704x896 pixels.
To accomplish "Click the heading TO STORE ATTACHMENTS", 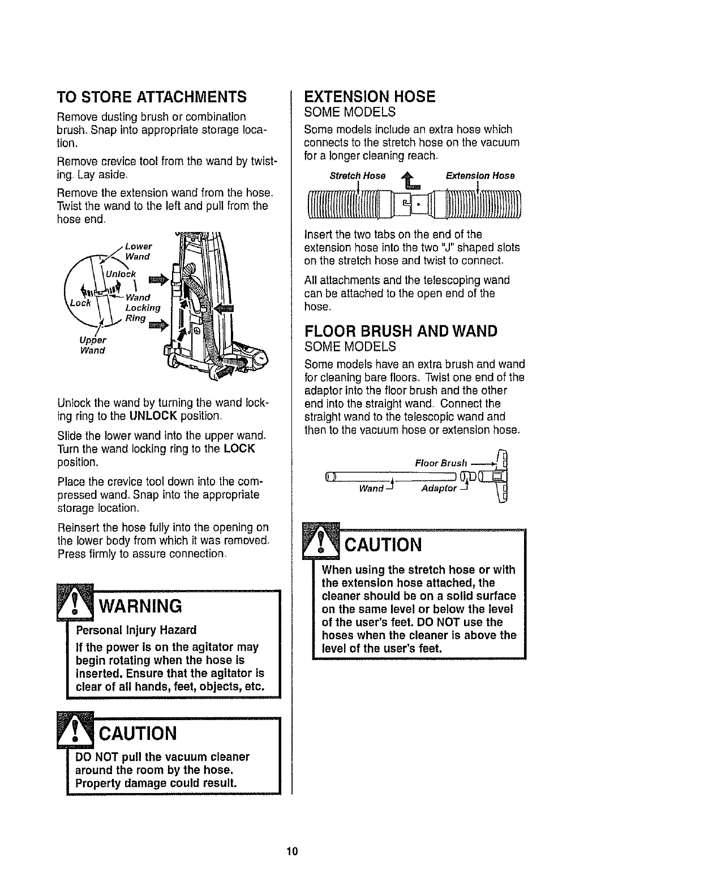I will pyautogui.click(x=152, y=97).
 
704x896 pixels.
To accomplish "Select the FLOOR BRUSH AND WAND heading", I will pyautogui.click(x=401, y=331).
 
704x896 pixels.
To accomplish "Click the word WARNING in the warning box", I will pyautogui.click(x=141, y=606).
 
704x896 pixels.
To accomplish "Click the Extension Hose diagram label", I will pyautogui.click(x=480, y=176).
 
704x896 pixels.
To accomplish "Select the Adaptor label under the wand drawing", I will pyautogui.click(x=439, y=488).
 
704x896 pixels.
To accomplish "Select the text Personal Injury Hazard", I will pyautogui.click(x=136, y=630).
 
